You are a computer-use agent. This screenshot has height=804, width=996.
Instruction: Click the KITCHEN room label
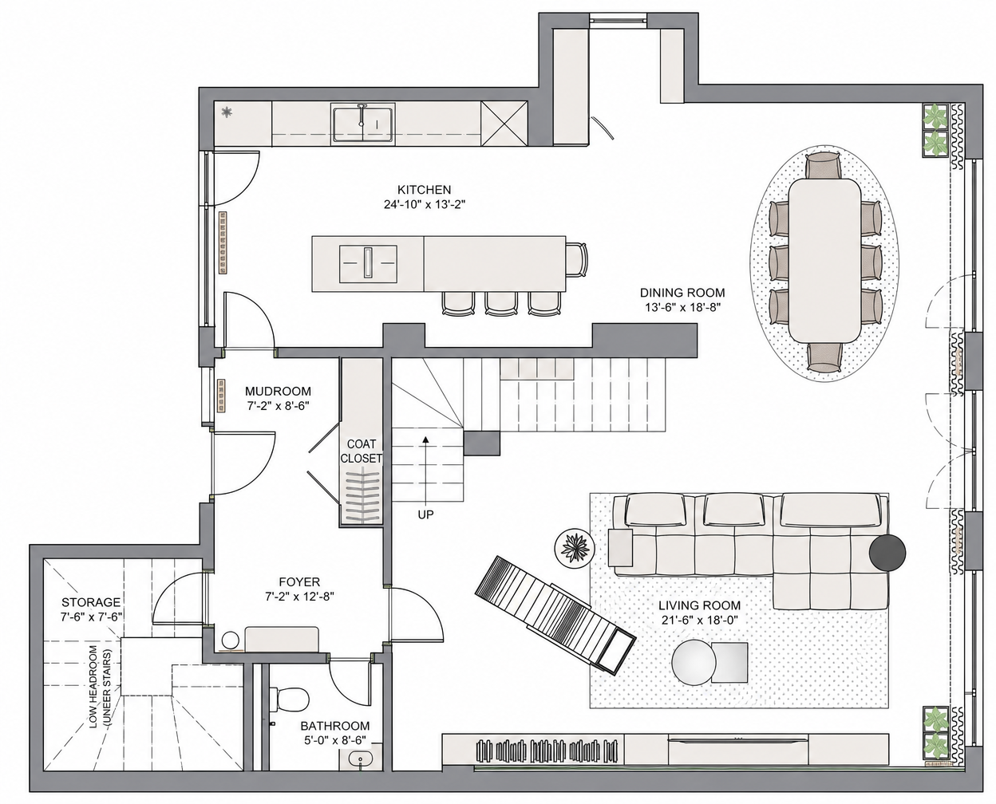[x=424, y=190]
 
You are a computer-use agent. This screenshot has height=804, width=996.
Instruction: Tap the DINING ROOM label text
[x=682, y=293]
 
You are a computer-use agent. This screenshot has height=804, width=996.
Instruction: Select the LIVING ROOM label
[x=700, y=606]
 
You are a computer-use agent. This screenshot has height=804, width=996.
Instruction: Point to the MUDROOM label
[x=278, y=391]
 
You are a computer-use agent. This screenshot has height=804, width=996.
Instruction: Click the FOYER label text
[x=299, y=582]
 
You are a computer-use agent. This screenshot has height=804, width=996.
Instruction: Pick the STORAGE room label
[x=91, y=602]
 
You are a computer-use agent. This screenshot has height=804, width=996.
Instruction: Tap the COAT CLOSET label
[x=361, y=451]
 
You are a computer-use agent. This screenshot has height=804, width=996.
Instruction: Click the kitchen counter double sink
[x=363, y=124]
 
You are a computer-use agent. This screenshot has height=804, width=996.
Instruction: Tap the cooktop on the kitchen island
[x=368, y=264]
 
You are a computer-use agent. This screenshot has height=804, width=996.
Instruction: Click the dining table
[x=824, y=260]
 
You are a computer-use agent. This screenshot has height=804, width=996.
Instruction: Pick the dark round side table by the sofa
[x=887, y=553]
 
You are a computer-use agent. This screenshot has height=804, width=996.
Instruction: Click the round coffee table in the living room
[x=694, y=663]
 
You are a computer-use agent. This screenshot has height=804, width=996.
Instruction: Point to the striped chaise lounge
[x=555, y=615]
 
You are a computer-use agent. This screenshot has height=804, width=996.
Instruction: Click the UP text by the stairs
[x=425, y=514]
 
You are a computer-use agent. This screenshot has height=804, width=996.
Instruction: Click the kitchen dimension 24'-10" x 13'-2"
[x=425, y=204]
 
